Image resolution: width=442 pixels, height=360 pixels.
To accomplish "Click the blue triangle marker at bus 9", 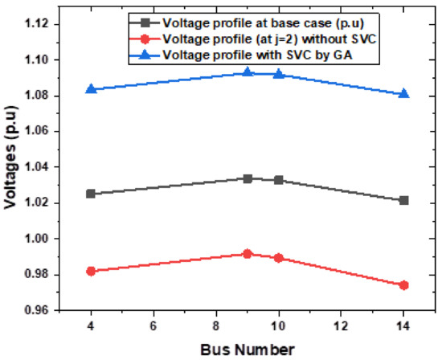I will tap(248, 72).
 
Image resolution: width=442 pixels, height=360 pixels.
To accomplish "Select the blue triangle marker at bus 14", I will tap(403, 93).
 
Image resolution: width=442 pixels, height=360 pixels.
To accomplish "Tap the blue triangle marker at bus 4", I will tap(91, 88).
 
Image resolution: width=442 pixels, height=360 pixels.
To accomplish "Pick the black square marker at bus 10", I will tap(278, 180).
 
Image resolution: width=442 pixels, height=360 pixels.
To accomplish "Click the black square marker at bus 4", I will tap(91, 194).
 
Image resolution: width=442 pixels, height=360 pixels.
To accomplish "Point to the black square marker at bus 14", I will tap(403, 200).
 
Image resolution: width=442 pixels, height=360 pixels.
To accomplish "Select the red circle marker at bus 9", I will tap(248, 254).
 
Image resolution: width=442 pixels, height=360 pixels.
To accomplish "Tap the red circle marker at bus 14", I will tap(403, 285).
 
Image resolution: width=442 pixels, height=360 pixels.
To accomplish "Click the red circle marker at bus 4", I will tap(91, 272).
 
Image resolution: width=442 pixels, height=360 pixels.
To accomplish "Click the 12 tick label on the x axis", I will tap(341, 326).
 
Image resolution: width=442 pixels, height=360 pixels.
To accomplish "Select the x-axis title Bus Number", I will tap(248, 348).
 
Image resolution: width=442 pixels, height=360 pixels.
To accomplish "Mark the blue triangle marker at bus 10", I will tap(278, 74).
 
